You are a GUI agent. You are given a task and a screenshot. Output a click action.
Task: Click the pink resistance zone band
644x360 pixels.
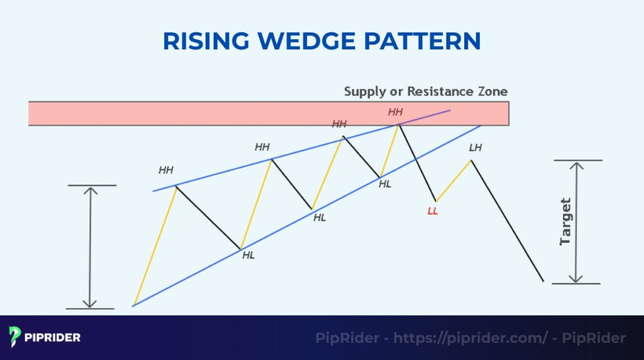pos(189,113)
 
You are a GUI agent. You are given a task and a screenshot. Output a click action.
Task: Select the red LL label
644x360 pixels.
pos(433,211)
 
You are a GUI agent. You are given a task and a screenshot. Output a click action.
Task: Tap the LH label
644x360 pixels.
pos(475,147)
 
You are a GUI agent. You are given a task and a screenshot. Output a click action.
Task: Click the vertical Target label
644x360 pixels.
pos(565,222)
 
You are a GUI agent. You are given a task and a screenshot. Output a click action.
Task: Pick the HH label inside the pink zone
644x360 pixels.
pos(395,112)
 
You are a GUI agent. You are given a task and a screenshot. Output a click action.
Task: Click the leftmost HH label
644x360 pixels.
pos(166,170)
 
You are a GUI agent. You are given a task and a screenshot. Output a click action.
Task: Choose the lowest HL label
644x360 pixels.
pos(248,256)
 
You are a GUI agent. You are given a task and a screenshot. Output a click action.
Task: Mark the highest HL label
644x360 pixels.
pos(385,184)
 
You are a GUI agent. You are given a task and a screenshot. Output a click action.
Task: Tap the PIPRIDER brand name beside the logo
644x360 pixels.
pos(53,337)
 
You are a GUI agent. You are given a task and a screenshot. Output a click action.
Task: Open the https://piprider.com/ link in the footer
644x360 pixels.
pos(470,338)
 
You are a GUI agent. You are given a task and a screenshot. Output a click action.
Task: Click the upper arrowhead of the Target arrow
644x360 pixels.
pos(577,165)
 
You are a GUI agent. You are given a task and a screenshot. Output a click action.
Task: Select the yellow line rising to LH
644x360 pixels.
pos(453,181)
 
